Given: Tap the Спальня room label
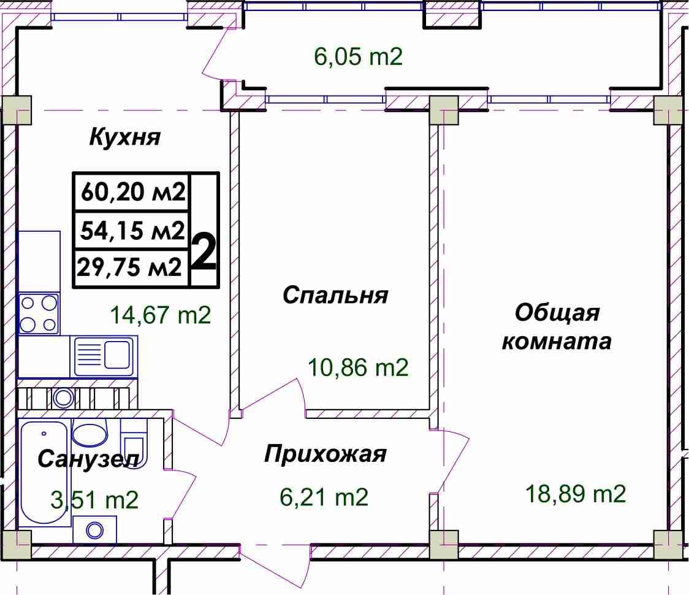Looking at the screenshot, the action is pos(335,294).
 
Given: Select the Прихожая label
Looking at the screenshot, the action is pos(325,454).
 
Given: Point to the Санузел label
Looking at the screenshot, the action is pos(88,459).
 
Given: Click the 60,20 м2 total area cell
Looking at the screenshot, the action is pos(133,192).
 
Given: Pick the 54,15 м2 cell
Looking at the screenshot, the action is pos(132,230).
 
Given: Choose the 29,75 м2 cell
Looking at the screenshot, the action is pos(129,267).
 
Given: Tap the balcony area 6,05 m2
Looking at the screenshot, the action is pos(358,56).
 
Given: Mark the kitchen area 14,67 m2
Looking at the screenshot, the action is pos(161,315).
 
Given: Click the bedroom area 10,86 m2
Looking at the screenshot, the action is pos(358,367).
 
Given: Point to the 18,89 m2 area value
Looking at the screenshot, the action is pos(576,493).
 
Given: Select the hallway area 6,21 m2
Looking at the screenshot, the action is pos(324,497).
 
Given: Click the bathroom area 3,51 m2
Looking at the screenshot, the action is pos(94,500).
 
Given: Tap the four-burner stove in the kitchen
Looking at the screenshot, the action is pos(39,313).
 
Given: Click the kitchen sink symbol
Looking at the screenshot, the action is pos(104,356).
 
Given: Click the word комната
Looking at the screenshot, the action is pos(557,341).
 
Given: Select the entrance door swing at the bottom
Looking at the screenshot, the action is pos(277,567).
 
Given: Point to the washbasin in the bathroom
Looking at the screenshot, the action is pos(89,432).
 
